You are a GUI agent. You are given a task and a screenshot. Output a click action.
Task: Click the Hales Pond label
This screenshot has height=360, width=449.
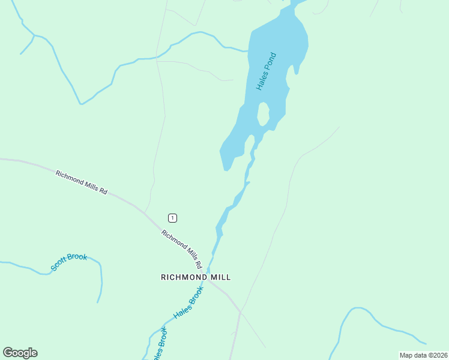[266, 72]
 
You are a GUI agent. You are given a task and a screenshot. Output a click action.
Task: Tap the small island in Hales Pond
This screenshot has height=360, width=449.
[263, 114]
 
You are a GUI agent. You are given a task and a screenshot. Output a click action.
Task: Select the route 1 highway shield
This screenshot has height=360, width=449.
[172, 218]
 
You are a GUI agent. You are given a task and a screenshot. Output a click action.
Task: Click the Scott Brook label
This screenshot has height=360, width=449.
[69, 262]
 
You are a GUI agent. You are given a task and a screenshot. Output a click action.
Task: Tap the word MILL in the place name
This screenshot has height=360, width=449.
[220, 277]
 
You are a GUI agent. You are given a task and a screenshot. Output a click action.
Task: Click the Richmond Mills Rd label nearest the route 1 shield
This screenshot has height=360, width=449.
[181, 249]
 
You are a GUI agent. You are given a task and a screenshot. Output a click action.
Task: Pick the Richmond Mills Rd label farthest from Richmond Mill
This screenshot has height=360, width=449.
[81, 182]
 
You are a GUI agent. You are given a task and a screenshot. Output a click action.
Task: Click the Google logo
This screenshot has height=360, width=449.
[20, 353]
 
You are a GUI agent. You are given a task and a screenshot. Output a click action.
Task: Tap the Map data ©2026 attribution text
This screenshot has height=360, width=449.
[423, 355]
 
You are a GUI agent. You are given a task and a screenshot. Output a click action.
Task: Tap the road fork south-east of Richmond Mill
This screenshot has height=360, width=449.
[240, 311]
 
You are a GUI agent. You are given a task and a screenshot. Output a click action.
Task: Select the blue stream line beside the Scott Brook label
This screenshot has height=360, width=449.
[100, 282]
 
